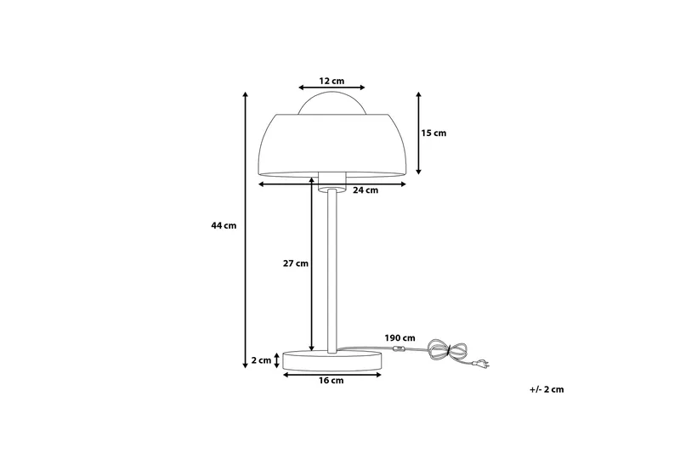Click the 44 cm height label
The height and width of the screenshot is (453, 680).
tap(224, 226)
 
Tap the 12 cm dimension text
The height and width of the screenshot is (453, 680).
tap(331, 80)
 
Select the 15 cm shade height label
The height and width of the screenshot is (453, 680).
tap(433, 133)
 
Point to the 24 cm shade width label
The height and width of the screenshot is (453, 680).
tap(365, 190)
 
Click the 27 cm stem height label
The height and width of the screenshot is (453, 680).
tap(295, 263)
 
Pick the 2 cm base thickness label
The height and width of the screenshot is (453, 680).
tap(261, 360)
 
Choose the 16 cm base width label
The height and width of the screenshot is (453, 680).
tap(331, 381)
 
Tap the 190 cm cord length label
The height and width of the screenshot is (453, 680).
tap(399, 337)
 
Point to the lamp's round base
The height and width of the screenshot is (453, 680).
tap(332, 360)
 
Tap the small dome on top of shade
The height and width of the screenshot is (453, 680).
tap(332, 103)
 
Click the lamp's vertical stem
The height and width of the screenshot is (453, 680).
tap(331, 272)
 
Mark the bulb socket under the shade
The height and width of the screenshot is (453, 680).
tap(332, 178)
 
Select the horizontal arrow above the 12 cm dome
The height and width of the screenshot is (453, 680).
tap(332, 88)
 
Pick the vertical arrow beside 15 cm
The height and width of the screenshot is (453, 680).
tap(419, 133)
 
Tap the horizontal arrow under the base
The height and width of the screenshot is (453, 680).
tap(332, 373)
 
